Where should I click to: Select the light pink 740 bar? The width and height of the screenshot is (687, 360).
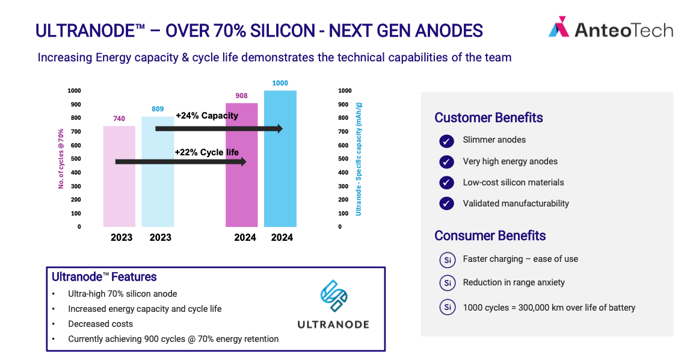(119, 176)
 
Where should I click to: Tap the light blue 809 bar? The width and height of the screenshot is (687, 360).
(158, 172)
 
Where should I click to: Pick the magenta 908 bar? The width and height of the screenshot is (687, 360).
(241, 165)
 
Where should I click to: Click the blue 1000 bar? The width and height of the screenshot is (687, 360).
(280, 159)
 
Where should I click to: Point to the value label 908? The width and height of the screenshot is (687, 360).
(241, 96)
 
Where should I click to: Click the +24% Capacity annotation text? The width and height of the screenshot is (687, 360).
(207, 116)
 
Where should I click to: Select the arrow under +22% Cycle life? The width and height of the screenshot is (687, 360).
(180, 162)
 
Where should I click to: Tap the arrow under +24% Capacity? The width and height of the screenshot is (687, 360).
(219, 128)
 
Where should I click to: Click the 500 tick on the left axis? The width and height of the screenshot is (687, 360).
(76, 159)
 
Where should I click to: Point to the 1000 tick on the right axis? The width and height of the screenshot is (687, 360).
(345, 91)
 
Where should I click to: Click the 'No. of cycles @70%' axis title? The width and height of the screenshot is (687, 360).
(61, 159)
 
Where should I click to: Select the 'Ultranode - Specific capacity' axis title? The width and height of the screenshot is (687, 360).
(359, 159)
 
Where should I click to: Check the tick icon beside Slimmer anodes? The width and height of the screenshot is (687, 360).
(446, 141)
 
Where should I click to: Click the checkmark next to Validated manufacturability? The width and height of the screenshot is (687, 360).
(446, 203)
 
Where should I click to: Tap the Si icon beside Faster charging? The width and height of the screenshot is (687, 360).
(448, 260)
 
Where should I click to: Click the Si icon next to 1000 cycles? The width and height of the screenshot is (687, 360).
(448, 307)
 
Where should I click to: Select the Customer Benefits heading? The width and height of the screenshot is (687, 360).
(488, 117)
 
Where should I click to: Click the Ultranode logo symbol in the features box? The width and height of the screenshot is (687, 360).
(334, 296)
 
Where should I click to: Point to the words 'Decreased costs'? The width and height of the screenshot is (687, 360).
(100, 324)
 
